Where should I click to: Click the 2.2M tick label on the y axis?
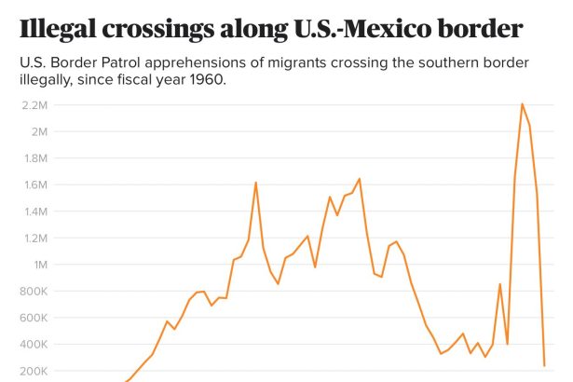tap(34, 104)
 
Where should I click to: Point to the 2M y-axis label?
tap(38, 131)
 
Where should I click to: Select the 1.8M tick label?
tap(34, 157)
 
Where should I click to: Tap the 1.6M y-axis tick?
tap(34, 184)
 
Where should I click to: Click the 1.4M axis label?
tap(34, 211)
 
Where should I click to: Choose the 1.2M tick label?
tap(34, 238)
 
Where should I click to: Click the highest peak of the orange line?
tap(522, 103)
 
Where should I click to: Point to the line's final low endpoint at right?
tap(544, 365)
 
